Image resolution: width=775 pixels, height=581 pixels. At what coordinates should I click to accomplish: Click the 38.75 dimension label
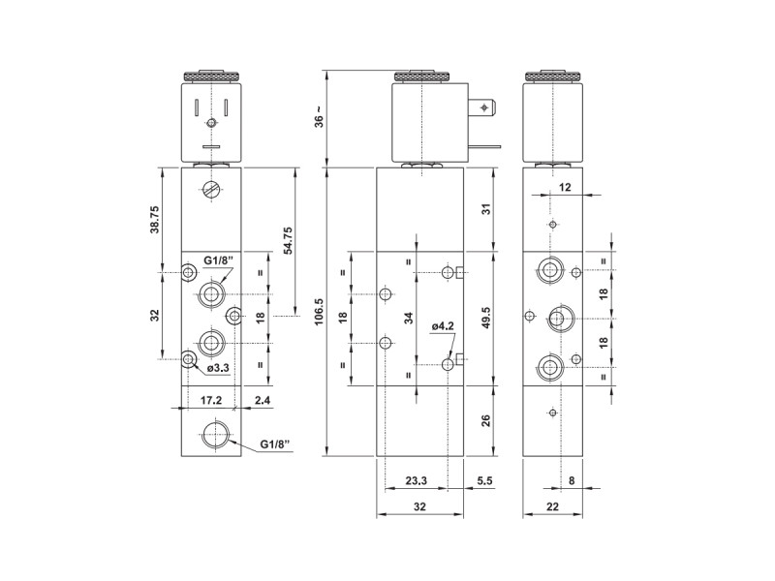155,219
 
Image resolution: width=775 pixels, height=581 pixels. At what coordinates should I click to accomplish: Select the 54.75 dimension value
287,240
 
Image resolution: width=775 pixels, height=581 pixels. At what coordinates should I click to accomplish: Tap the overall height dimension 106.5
319,311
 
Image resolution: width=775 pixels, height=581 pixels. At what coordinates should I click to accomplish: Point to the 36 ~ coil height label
320,116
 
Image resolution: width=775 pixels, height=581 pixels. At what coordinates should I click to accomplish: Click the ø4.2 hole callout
443,326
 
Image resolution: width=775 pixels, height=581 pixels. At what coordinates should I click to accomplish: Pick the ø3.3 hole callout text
218,368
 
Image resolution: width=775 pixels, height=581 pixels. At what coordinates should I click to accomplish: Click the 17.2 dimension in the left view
211,400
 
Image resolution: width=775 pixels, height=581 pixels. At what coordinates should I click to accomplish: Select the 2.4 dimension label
263,400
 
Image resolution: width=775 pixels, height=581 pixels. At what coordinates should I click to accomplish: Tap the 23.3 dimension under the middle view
417,480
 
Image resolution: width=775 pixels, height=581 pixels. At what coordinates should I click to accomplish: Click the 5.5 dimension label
484,480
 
